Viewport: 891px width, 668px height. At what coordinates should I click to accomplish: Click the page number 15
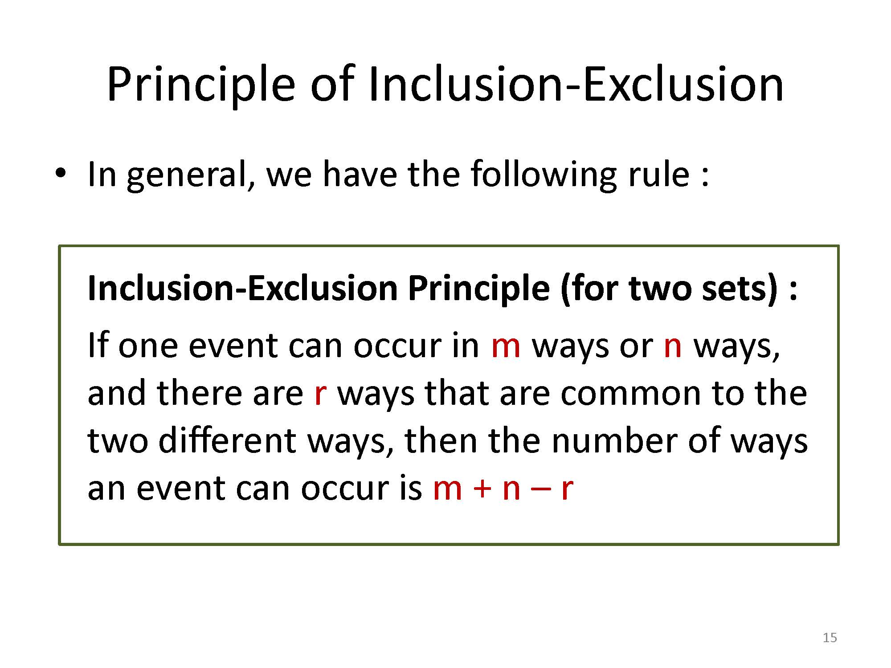pyautogui.click(x=830, y=638)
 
